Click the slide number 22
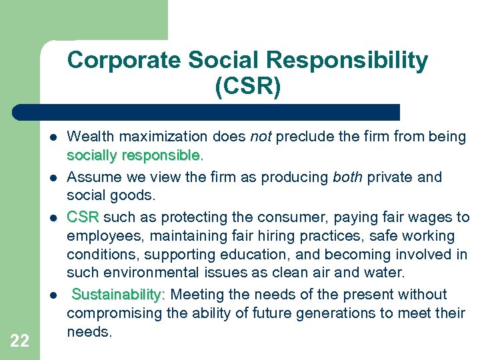tap(20, 341)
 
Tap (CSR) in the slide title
tap(247, 87)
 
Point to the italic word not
tap(261, 137)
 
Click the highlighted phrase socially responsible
tap(133, 155)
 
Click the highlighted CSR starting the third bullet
tap(83, 217)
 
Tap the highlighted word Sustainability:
tap(119, 295)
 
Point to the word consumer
tap(293, 217)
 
